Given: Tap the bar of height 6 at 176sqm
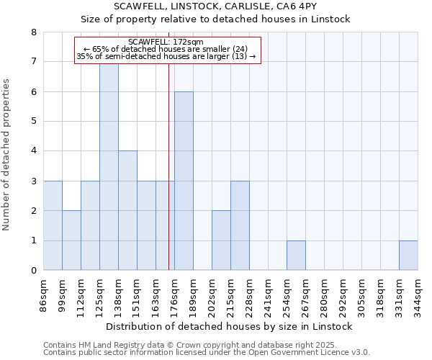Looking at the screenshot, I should tap(184, 181).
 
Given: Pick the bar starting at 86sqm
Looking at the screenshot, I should tap(53, 225).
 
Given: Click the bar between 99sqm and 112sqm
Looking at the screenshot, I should tap(71, 240).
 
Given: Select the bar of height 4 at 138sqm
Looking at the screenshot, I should tap(127, 210).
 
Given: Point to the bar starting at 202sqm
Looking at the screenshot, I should tap(221, 240).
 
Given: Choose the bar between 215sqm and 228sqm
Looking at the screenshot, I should tap(240, 225).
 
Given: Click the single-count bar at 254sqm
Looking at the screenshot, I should tap(296, 256).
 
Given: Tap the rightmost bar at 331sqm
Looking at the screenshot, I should tap(408, 256).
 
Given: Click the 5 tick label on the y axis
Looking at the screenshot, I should tap(33, 121).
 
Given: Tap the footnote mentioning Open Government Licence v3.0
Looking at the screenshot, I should tap(207, 353).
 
